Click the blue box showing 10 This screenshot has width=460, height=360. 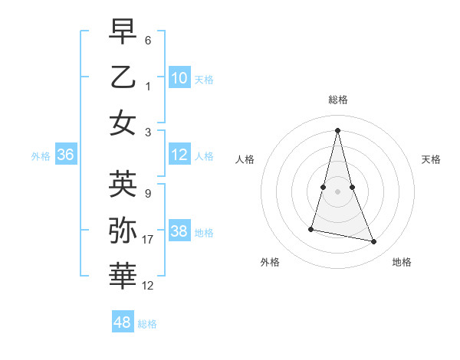[179, 77]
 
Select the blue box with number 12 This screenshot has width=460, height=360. [179, 155]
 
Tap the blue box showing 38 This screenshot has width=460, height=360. [179, 231]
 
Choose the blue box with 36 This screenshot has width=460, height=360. [66, 155]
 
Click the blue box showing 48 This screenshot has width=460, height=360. [123, 322]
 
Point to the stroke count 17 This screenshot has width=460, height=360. [148, 240]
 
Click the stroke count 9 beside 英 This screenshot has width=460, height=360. [148, 194]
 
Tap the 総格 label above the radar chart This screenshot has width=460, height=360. [337, 100]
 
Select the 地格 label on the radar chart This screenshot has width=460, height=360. [402, 262]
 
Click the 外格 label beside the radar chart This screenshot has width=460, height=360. [270, 262]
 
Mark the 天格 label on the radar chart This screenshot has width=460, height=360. [431, 159]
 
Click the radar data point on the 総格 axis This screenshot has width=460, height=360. [337, 130]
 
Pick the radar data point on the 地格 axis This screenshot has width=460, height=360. [374, 242]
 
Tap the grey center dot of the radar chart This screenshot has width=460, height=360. [337, 191]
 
